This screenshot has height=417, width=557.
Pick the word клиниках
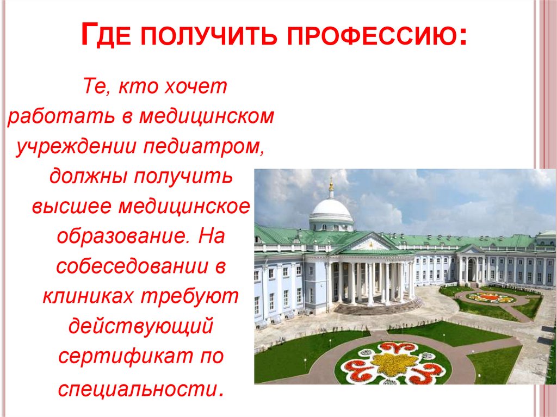tap(86, 297)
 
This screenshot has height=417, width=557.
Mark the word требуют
tap(190, 297)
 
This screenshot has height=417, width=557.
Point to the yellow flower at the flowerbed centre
tap(392, 364)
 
